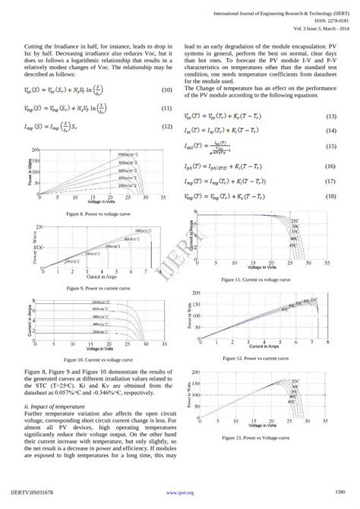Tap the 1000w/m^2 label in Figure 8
pyautogui.click(x=131, y=154)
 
